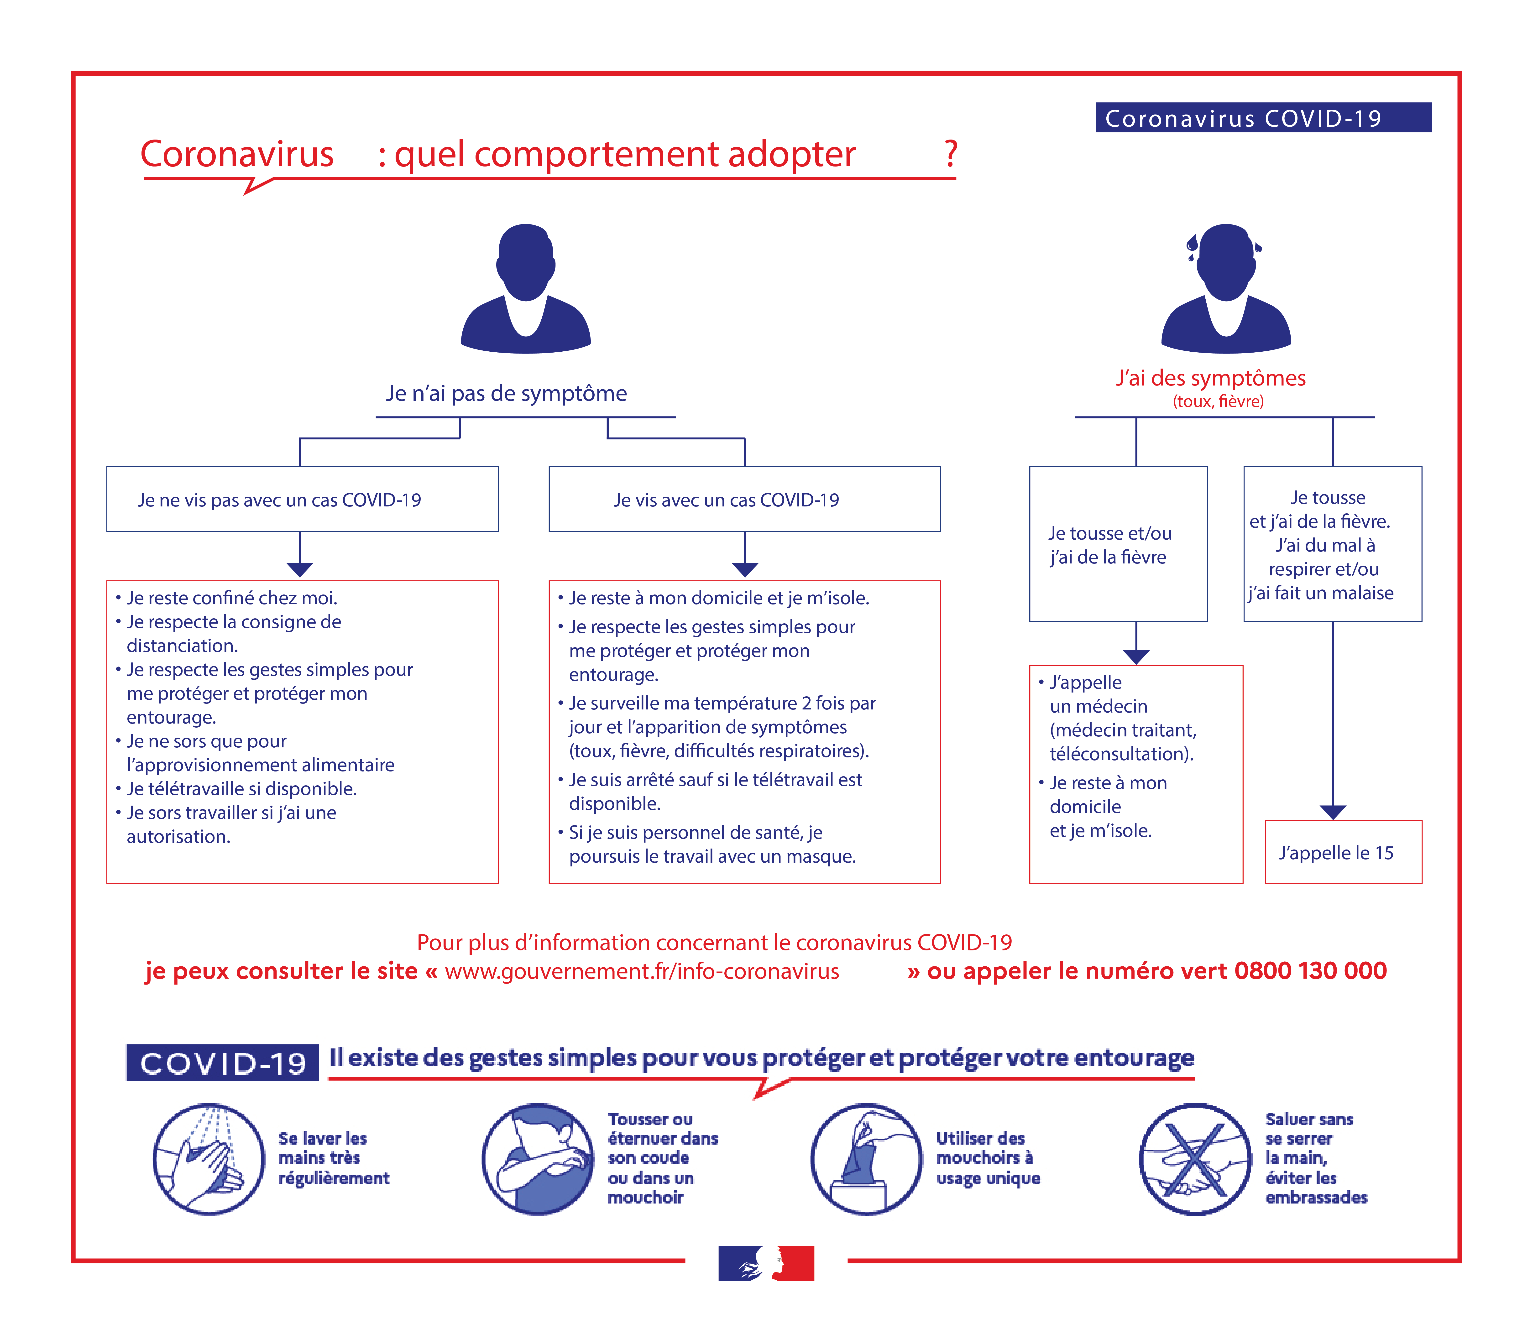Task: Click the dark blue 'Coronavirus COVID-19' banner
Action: [1263, 118]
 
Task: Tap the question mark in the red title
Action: [951, 154]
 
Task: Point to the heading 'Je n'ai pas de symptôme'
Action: [506, 393]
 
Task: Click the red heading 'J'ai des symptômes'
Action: [1211, 378]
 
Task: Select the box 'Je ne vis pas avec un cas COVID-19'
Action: [302, 499]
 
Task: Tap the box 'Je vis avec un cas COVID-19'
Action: [744, 499]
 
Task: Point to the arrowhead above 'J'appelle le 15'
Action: [1333, 812]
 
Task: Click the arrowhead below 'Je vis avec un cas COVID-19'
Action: [744, 569]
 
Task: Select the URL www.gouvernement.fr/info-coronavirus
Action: [642, 971]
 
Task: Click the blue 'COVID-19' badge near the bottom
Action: [223, 1062]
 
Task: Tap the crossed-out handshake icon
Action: [1195, 1159]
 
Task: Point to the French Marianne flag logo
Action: [766, 1263]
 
